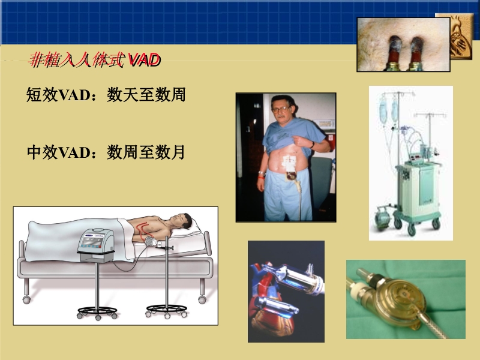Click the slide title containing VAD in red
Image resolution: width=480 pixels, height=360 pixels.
coord(95,59)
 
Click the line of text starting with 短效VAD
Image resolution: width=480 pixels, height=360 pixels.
coord(106,95)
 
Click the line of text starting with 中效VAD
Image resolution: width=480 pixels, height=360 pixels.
coord(106,153)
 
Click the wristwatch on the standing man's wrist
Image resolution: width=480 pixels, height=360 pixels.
coord(312,144)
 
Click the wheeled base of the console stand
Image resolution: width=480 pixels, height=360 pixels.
coord(97,312)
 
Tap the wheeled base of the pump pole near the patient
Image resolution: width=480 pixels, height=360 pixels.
coord(166,310)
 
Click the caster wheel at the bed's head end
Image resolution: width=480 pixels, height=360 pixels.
coord(202,298)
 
